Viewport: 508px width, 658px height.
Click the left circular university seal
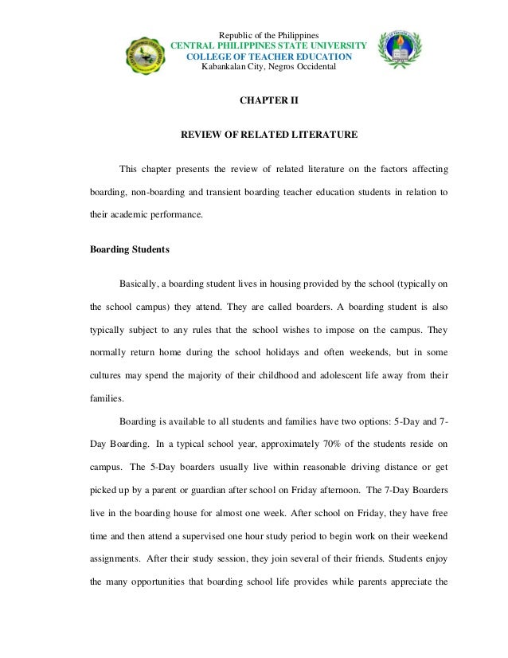pyautogui.click(x=147, y=59)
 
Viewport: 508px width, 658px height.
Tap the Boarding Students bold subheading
pyautogui.click(x=130, y=249)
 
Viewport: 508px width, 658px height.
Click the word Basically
pyautogui.click(x=142, y=283)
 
